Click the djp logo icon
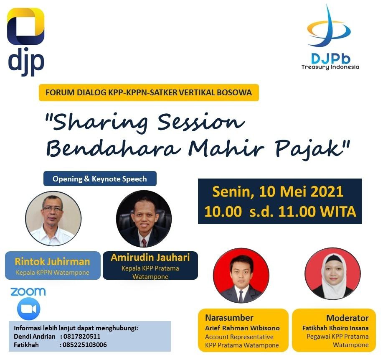click(25, 26)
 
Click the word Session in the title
click(201, 122)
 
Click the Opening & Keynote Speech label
click(100, 179)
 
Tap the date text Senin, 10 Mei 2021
click(278, 191)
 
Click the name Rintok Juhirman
click(52, 262)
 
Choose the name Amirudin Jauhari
click(150, 257)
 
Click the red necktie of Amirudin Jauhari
click(145, 243)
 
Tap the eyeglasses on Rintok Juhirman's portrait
click(52, 209)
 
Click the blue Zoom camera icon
click(28, 309)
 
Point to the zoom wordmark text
click(28, 292)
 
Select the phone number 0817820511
click(82, 336)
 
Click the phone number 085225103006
click(85, 345)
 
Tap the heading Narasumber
click(229, 318)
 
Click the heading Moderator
click(347, 318)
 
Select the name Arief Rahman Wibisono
click(242, 328)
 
